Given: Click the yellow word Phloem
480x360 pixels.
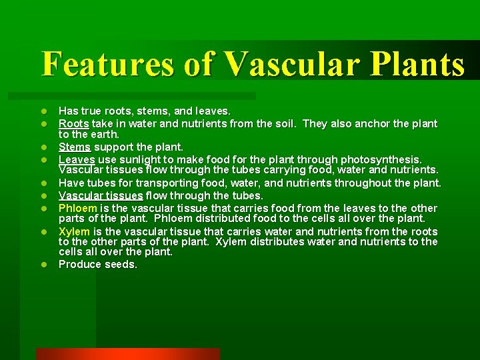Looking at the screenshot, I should tap(78, 208).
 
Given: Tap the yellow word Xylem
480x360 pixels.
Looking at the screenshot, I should tap(75, 231).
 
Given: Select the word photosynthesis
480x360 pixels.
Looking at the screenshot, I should tap(381, 159).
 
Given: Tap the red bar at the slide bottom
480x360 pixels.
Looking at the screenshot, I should tap(127, 353).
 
